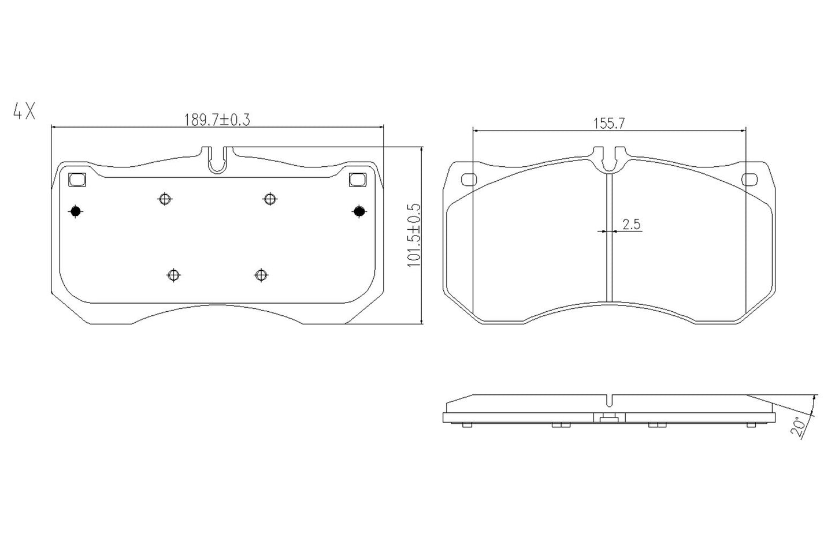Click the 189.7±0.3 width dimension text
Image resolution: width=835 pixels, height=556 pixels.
click(x=217, y=120)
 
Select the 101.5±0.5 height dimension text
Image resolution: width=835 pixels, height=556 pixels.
click(x=413, y=234)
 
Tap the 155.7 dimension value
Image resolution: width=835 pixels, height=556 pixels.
click(x=608, y=123)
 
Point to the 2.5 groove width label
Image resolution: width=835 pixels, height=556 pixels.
click(x=631, y=224)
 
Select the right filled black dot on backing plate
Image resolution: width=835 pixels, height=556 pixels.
click(x=359, y=212)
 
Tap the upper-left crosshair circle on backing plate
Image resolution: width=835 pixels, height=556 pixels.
click(x=165, y=199)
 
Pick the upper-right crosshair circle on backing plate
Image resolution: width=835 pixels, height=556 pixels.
click(x=269, y=199)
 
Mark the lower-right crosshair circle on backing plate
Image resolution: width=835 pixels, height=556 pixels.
click(x=261, y=275)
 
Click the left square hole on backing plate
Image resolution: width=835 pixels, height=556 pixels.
click(x=76, y=180)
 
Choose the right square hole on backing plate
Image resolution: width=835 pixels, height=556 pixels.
click(x=357, y=180)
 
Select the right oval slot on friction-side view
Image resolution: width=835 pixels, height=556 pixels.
click(x=751, y=180)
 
